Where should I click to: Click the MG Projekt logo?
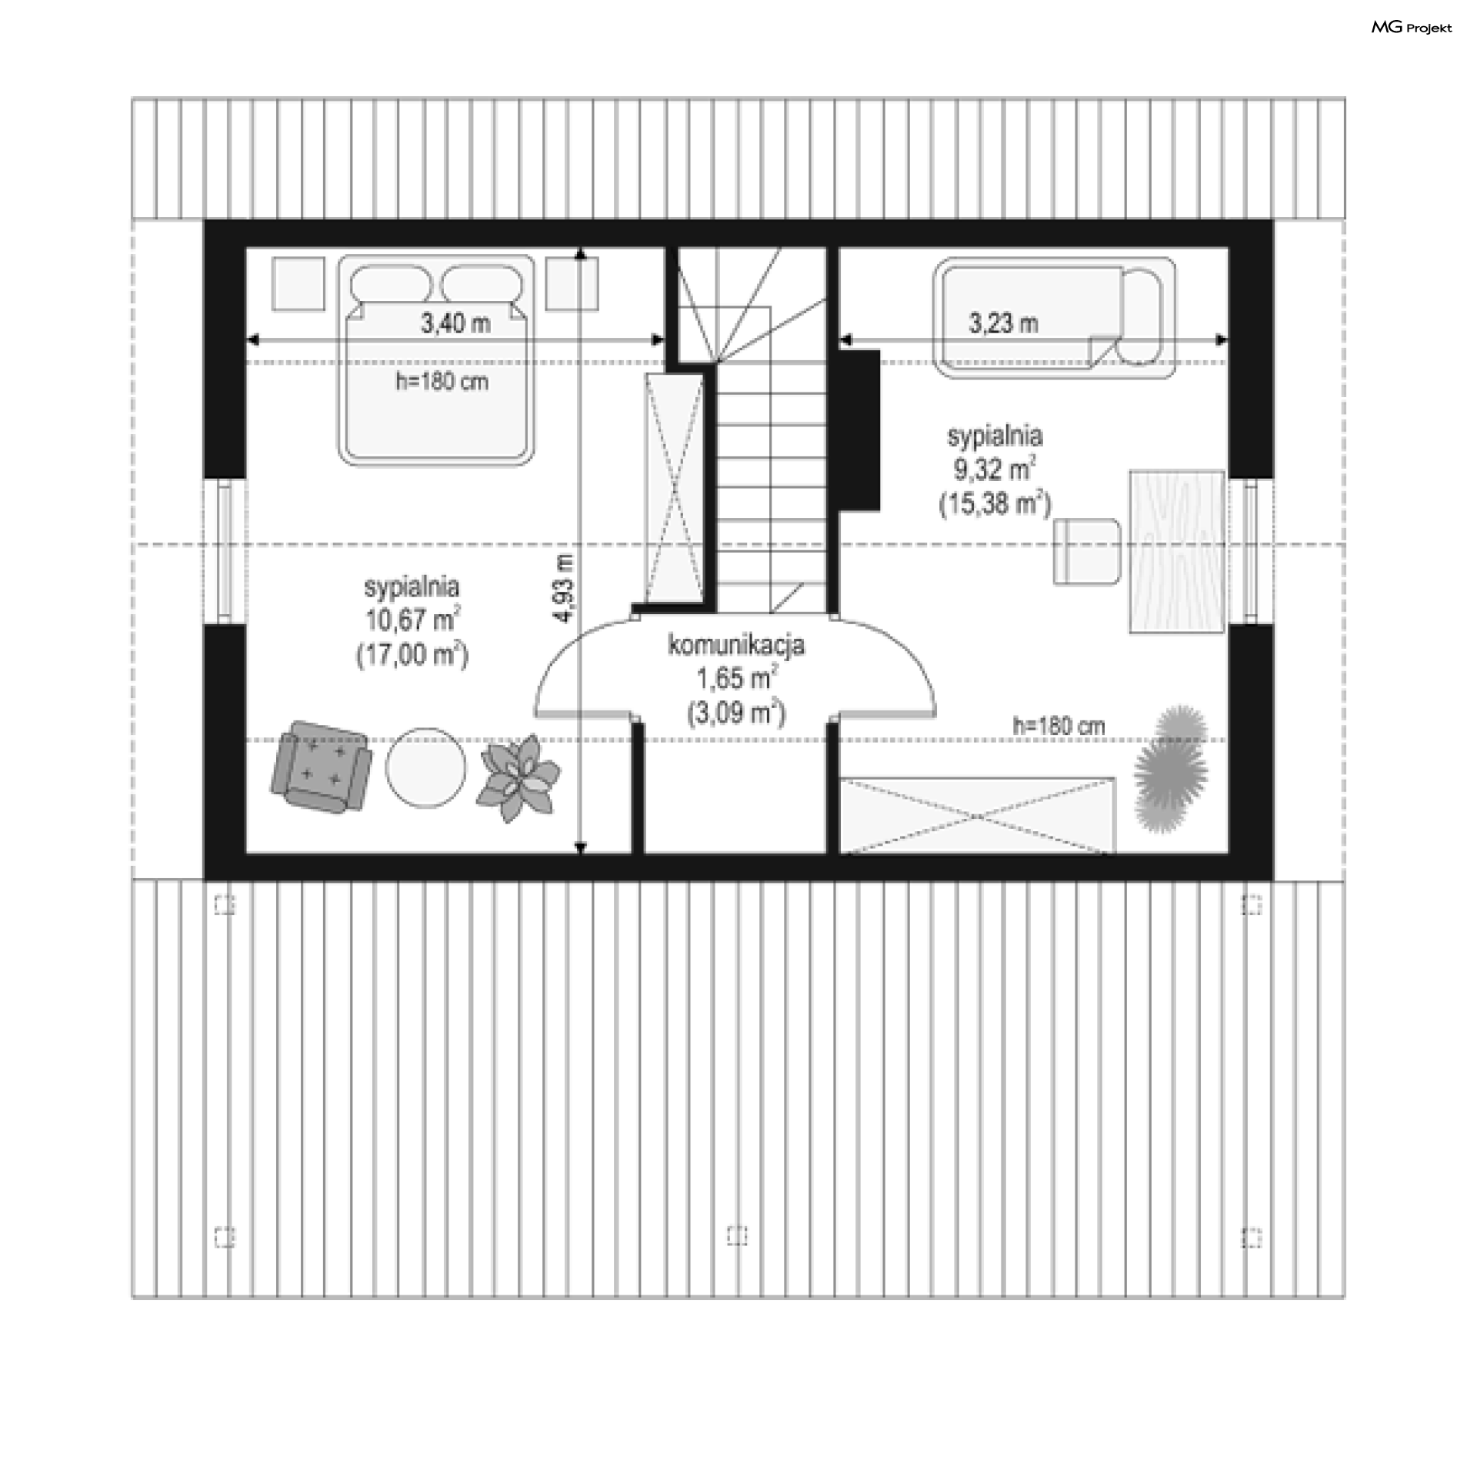[x=1412, y=28]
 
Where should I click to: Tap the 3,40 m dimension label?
[x=455, y=324]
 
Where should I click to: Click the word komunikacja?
[x=736, y=644]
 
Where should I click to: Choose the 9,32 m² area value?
[x=995, y=469]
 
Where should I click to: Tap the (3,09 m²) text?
[x=736, y=713]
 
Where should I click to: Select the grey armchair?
[x=321, y=767]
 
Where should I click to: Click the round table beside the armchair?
[x=425, y=768]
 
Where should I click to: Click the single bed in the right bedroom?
[x=1054, y=317]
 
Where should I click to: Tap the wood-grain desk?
[x=1177, y=552]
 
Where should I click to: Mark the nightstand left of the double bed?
[x=298, y=284]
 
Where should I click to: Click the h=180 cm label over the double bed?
[x=442, y=382]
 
